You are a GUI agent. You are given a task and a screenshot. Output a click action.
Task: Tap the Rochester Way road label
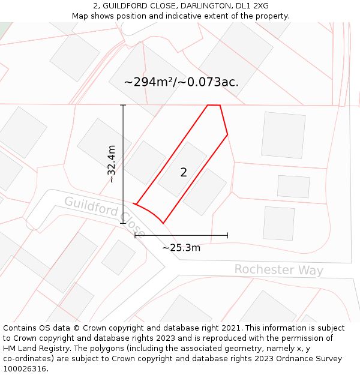(x=278, y=270)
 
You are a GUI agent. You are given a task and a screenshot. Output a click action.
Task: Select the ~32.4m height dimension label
(x=112, y=163)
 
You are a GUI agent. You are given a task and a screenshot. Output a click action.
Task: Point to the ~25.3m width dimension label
(x=181, y=247)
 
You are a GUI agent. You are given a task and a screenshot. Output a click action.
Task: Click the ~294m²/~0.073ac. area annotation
(x=181, y=82)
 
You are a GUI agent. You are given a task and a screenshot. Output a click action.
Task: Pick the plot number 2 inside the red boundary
(x=184, y=173)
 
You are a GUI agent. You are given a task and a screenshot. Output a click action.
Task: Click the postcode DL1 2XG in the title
(x=252, y=6)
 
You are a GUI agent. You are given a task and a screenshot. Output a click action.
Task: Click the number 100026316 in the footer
(x=25, y=369)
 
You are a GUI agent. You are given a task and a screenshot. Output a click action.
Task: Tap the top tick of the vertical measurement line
(x=123, y=106)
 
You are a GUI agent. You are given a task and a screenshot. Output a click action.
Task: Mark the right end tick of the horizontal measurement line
(x=227, y=235)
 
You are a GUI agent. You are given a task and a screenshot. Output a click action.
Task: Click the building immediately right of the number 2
(x=205, y=191)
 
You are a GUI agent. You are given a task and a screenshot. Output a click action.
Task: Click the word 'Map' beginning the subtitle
(x=80, y=16)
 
